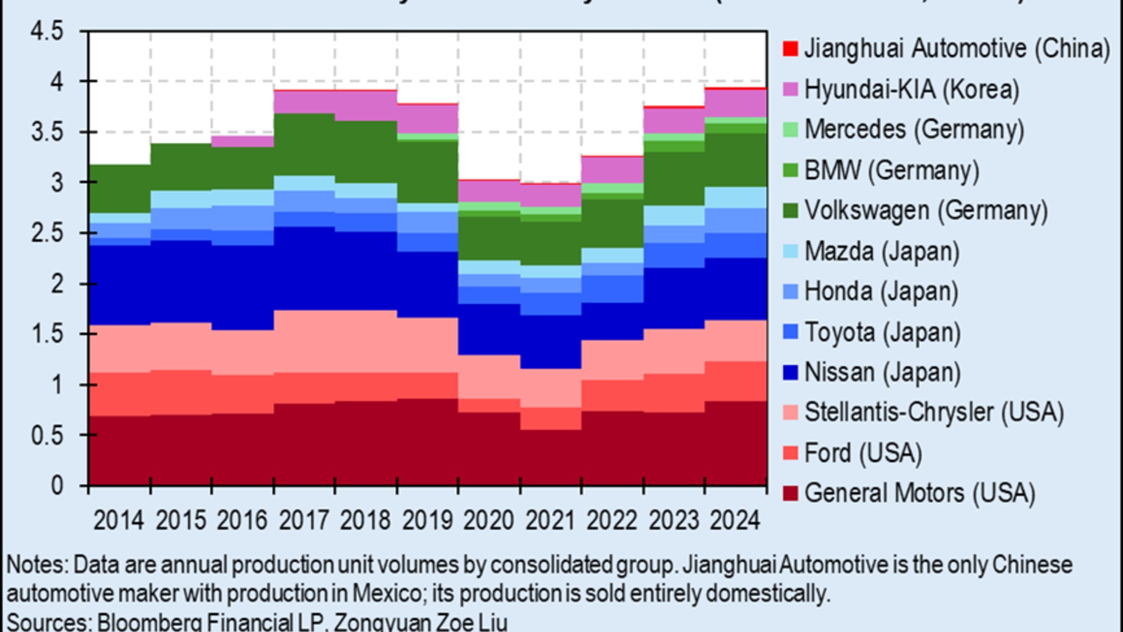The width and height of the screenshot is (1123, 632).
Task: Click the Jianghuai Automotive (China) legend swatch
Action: click(x=790, y=49)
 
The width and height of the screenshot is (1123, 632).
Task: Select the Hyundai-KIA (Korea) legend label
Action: click(x=911, y=90)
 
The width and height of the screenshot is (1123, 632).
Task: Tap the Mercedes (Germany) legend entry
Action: click(x=914, y=129)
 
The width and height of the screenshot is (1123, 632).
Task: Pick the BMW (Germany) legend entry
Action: click(x=891, y=170)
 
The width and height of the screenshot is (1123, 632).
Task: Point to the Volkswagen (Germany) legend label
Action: click(x=926, y=211)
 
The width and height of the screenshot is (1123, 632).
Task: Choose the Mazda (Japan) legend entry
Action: click(x=882, y=251)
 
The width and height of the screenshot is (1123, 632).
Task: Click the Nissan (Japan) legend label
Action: click(x=882, y=372)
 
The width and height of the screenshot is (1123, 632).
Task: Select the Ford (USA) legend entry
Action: click(x=863, y=453)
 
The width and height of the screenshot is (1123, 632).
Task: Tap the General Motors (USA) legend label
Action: click(x=919, y=493)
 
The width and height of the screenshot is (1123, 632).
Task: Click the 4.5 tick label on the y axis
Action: click(x=47, y=31)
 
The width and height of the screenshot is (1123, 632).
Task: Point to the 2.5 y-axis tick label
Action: click(x=47, y=233)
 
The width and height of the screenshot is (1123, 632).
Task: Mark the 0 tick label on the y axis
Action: click(x=57, y=486)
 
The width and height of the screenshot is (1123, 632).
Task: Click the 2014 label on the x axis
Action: click(x=119, y=520)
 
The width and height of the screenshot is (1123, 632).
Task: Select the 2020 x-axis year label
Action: click(x=489, y=520)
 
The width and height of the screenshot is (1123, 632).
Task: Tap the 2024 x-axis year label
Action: click(x=735, y=520)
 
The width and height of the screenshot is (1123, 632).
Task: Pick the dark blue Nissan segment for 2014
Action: click(x=119, y=285)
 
